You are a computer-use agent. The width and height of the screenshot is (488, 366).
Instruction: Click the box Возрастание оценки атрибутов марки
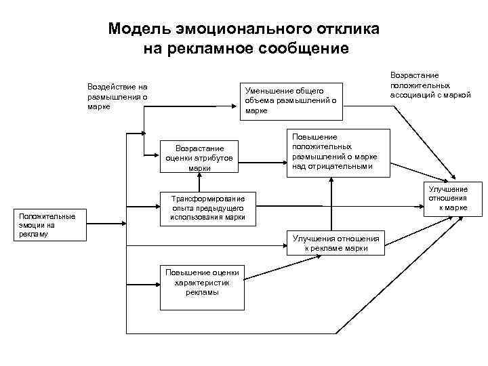click(x=199, y=157)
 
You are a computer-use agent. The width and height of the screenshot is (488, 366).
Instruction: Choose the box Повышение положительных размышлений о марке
click(x=337, y=152)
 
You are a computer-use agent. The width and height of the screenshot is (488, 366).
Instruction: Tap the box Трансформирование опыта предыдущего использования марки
click(x=207, y=207)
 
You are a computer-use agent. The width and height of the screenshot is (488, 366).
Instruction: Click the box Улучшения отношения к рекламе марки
click(x=335, y=243)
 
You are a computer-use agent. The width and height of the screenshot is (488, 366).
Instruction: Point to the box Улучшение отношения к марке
click(x=447, y=199)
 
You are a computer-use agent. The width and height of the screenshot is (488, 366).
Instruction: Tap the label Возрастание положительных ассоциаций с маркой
click(x=430, y=85)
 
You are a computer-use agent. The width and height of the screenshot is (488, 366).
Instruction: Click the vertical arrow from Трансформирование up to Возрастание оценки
click(x=199, y=180)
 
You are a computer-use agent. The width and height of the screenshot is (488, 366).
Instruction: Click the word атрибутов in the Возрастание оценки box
click(x=210, y=157)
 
